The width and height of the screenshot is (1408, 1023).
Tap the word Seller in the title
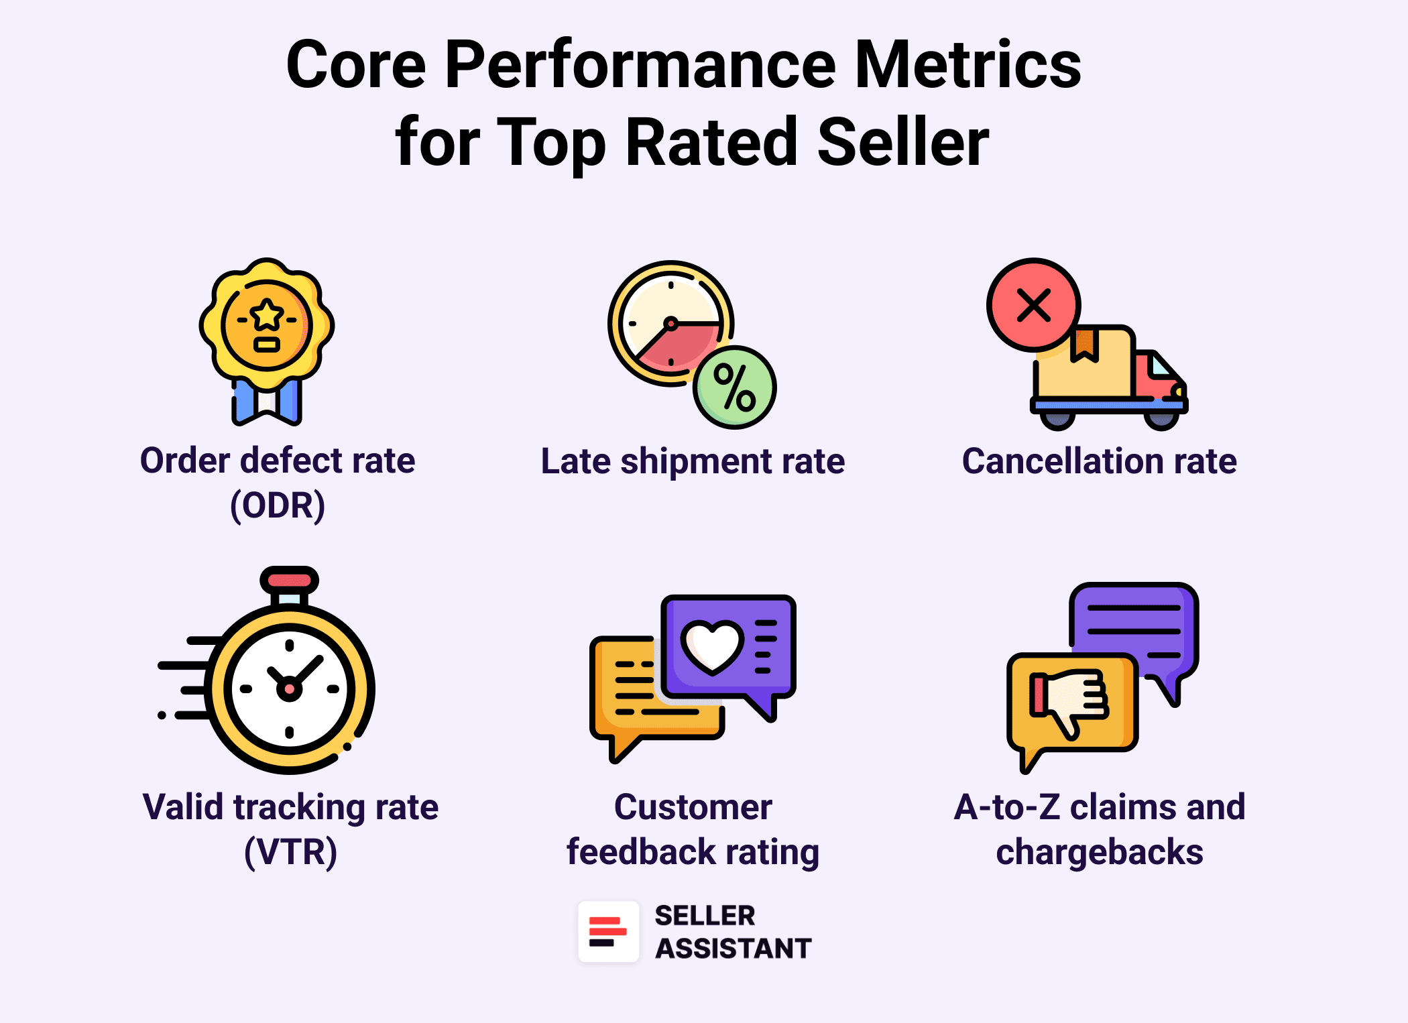[903, 141]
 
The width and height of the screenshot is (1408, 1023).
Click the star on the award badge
[267, 314]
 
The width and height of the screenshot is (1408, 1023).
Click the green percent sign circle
[735, 387]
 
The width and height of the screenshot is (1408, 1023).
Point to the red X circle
[1033, 305]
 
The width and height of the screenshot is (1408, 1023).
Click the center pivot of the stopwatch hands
[289, 688]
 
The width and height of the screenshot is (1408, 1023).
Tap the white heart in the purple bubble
[712, 646]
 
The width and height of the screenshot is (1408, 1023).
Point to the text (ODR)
[278, 505]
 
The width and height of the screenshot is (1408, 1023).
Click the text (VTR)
[290, 851]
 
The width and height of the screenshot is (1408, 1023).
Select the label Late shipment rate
[693, 461]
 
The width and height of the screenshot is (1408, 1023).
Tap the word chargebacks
[1100, 851]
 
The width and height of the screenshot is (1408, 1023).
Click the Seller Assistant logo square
[609, 932]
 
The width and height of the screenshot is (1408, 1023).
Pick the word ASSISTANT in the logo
[734, 949]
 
